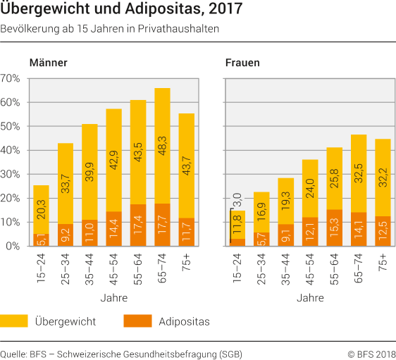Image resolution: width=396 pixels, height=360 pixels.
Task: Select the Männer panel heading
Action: pos(49,63)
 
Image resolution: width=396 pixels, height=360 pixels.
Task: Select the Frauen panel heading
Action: pos(242,63)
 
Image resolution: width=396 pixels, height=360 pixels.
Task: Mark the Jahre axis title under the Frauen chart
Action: pos(310,298)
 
